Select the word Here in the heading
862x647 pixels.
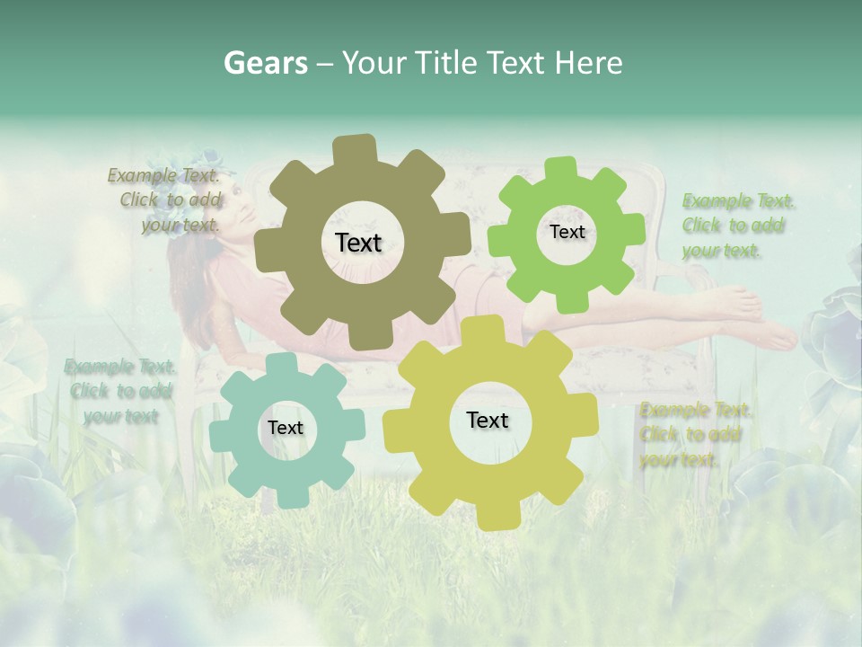pyautogui.click(x=589, y=63)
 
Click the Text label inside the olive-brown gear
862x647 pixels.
pyautogui.click(x=358, y=243)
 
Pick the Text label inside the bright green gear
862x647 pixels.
pyautogui.click(x=567, y=232)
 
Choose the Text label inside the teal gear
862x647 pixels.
pyautogui.click(x=286, y=428)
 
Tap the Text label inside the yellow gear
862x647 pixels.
pyautogui.click(x=488, y=420)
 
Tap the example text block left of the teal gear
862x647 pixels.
pyautogui.click(x=119, y=391)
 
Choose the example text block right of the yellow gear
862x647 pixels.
pyautogui.click(x=693, y=435)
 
